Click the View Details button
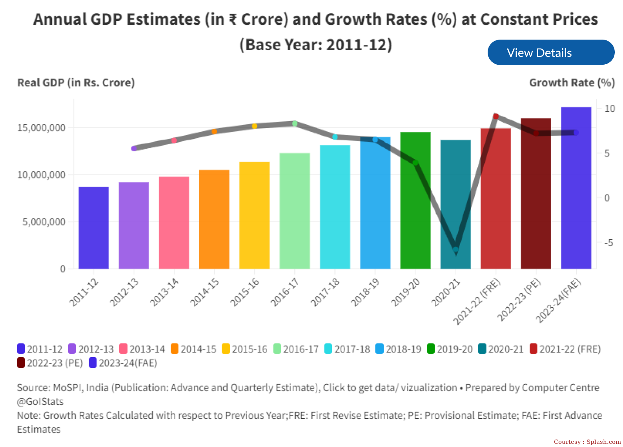click(x=550, y=53)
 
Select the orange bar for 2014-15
click(x=214, y=219)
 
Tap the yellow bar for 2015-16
click(x=255, y=215)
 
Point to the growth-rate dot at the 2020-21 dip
click(x=455, y=249)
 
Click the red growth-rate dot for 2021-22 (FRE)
click(x=496, y=116)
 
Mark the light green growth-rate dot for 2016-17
click(x=295, y=124)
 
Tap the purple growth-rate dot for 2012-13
click(x=134, y=149)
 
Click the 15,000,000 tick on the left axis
click(x=41, y=128)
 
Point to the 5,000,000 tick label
click(x=44, y=222)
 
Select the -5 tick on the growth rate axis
click(x=608, y=243)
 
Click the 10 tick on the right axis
click(x=610, y=109)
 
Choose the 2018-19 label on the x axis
click(x=365, y=293)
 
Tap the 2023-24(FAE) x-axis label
click(x=558, y=301)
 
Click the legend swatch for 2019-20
click(x=431, y=349)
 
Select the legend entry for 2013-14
click(x=142, y=349)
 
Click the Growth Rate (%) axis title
click(x=572, y=83)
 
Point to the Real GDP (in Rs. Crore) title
click(x=76, y=83)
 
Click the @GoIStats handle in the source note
click(x=40, y=402)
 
